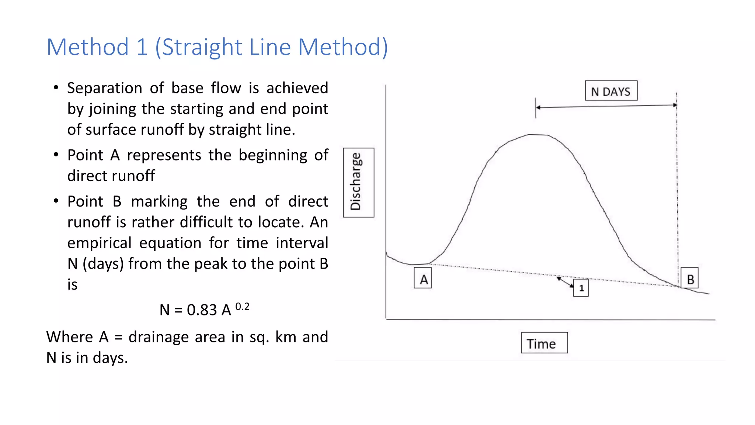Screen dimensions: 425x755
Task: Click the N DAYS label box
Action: click(611, 91)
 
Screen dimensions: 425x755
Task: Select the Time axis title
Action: click(544, 343)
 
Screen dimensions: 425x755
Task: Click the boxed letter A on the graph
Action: click(423, 279)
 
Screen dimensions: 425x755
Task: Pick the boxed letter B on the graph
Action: click(689, 278)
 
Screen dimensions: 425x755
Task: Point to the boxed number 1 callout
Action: click(581, 288)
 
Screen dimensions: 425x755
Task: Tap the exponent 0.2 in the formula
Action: click(242, 307)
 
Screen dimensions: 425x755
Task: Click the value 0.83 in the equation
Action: click(202, 310)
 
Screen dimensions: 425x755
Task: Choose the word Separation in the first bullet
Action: click(104, 88)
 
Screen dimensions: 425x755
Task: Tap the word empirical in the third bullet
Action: click(99, 243)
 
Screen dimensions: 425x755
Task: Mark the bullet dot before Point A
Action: click(56, 155)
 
